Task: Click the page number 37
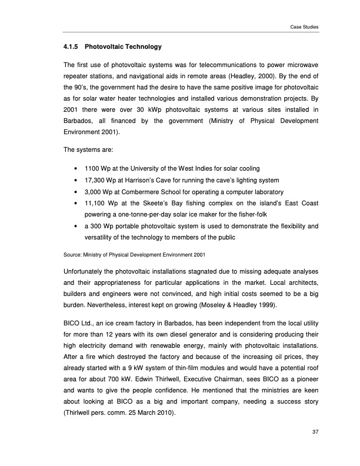[x=315, y=434]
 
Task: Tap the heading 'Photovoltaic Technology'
[x=123, y=46]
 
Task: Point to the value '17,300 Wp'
[x=99, y=181]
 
